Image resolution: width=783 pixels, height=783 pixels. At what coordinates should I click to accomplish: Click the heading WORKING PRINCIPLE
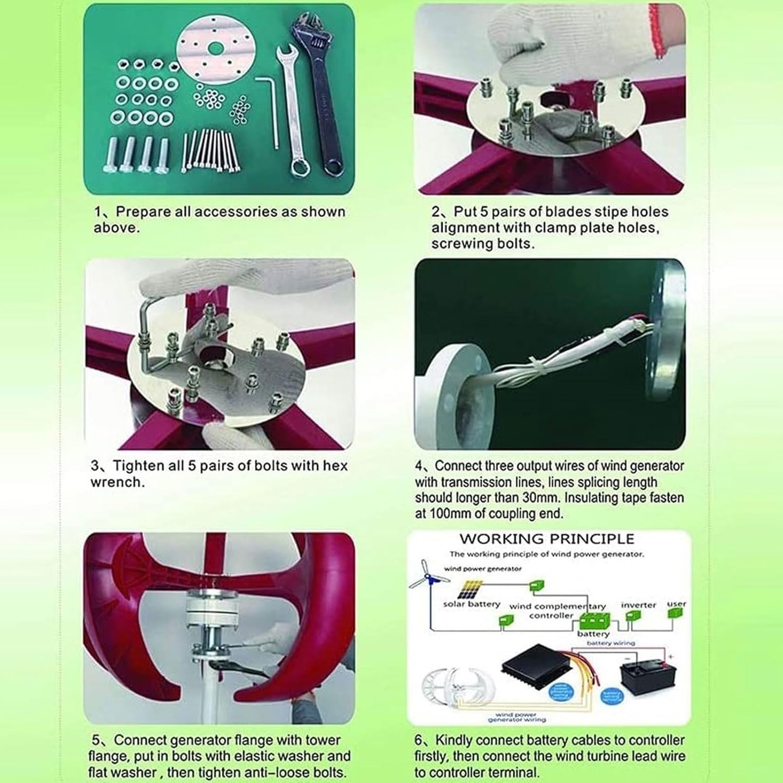(x=547, y=539)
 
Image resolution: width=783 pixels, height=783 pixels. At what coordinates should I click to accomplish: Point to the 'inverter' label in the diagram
(x=638, y=604)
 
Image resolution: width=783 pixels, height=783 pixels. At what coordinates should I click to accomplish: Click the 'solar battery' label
(x=471, y=604)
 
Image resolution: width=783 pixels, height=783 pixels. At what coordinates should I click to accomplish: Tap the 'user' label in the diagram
(x=677, y=603)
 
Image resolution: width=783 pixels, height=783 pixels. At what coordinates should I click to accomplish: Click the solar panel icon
(x=471, y=590)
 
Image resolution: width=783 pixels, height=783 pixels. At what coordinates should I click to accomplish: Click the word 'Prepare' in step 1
(x=143, y=212)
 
